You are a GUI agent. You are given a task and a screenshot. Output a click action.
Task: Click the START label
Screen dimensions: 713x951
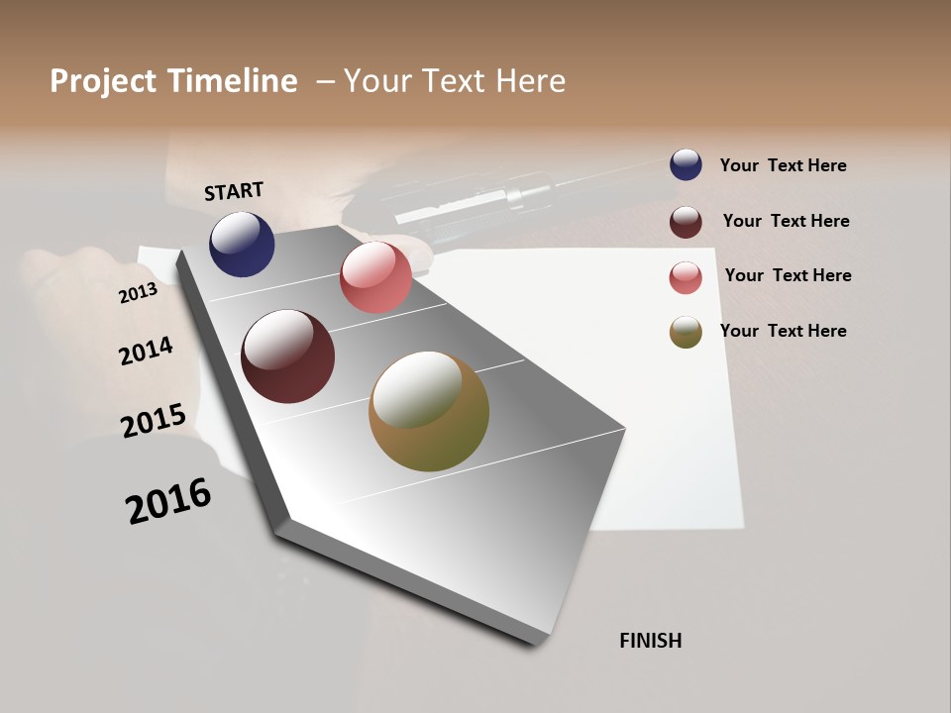(234, 191)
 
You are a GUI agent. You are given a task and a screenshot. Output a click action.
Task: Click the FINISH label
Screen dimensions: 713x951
(650, 641)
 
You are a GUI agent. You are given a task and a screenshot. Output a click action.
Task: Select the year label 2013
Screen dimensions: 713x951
(138, 293)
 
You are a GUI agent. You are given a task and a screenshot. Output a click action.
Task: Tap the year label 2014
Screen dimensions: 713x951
(146, 351)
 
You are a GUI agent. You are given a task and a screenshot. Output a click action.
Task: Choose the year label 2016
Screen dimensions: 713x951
(168, 501)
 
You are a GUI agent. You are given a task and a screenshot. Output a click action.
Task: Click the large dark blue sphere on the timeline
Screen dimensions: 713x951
(242, 244)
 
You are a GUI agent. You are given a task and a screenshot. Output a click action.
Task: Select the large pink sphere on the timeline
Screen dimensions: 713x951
(375, 277)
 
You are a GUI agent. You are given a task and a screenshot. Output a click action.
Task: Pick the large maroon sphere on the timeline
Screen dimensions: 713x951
(287, 356)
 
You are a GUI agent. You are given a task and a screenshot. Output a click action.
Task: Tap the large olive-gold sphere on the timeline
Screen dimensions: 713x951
(429, 411)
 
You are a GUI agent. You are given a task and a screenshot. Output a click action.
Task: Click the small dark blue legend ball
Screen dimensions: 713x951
(686, 164)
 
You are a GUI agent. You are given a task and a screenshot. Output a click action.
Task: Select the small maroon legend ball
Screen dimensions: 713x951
(686, 222)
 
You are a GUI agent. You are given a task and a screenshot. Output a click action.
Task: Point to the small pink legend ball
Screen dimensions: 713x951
(686, 277)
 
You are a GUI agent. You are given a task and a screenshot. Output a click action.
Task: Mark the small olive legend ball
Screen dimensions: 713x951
(686, 332)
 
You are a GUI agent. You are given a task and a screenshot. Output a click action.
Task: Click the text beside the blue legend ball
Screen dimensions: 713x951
(783, 165)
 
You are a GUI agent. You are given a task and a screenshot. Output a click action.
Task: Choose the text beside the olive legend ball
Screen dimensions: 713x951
(783, 331)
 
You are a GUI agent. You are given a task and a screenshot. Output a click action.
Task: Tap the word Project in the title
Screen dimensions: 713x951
(102, 81)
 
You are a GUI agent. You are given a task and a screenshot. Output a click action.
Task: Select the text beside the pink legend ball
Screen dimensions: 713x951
(788, 275)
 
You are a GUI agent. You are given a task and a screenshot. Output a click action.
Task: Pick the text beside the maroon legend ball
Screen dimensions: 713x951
(786, 221)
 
